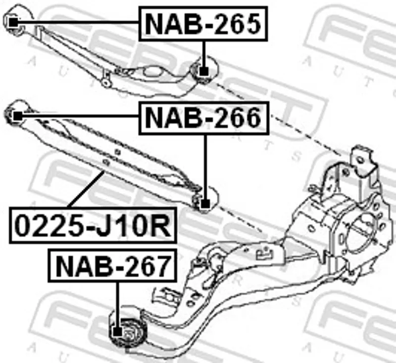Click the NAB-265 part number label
[x=203, y=24]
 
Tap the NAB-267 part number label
[x=112, y=265]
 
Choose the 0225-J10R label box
[x=93, y=225]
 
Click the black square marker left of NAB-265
[x=13, y=22]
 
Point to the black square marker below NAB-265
[x=204, y=71]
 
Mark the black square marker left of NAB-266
[x=18, y=116]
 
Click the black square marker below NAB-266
[x=205, y=204]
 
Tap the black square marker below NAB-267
[x=117, y=331]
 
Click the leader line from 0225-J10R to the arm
[x=86, y=189]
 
